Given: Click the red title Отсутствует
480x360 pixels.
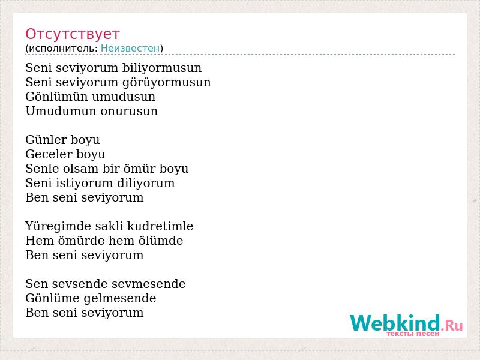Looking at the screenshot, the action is point(72,34).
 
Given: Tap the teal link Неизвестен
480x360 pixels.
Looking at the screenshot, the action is point(130,48).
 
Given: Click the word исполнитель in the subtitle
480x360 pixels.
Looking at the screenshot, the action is point(63,49).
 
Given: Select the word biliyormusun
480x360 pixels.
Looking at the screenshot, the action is point(162,68).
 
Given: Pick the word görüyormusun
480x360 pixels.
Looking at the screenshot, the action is point(167,83).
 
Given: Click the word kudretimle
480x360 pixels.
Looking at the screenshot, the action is point(160,226).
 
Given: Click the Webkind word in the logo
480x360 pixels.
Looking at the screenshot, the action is point(395,323).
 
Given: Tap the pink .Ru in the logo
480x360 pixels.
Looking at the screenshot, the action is point(452,325).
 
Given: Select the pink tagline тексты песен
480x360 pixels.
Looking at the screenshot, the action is point(413,334).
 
